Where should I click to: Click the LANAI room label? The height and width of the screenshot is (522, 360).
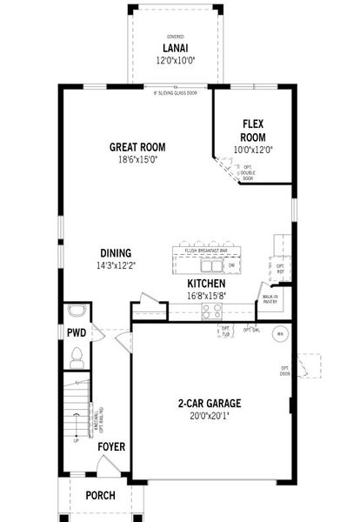(177, 49)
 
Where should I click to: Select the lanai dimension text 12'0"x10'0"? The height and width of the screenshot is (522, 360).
(177, 60)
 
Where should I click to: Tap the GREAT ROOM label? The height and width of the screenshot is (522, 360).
(137, 147)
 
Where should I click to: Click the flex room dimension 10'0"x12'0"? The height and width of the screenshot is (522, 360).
(253, 150)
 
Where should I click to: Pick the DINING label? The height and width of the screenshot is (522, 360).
(116, 252)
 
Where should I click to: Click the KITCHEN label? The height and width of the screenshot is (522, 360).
(206, 284)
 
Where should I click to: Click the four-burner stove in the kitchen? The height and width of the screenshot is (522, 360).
(211, 311)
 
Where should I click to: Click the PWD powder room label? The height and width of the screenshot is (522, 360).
(75, 333)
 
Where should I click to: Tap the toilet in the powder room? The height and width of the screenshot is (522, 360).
(77, 354)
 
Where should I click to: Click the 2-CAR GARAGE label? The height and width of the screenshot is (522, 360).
(210, 404)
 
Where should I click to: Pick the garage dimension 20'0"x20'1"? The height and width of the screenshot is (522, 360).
(210, 417)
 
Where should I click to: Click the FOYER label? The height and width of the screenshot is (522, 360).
(110, 446)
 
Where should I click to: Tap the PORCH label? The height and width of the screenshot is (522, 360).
(100, 496)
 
